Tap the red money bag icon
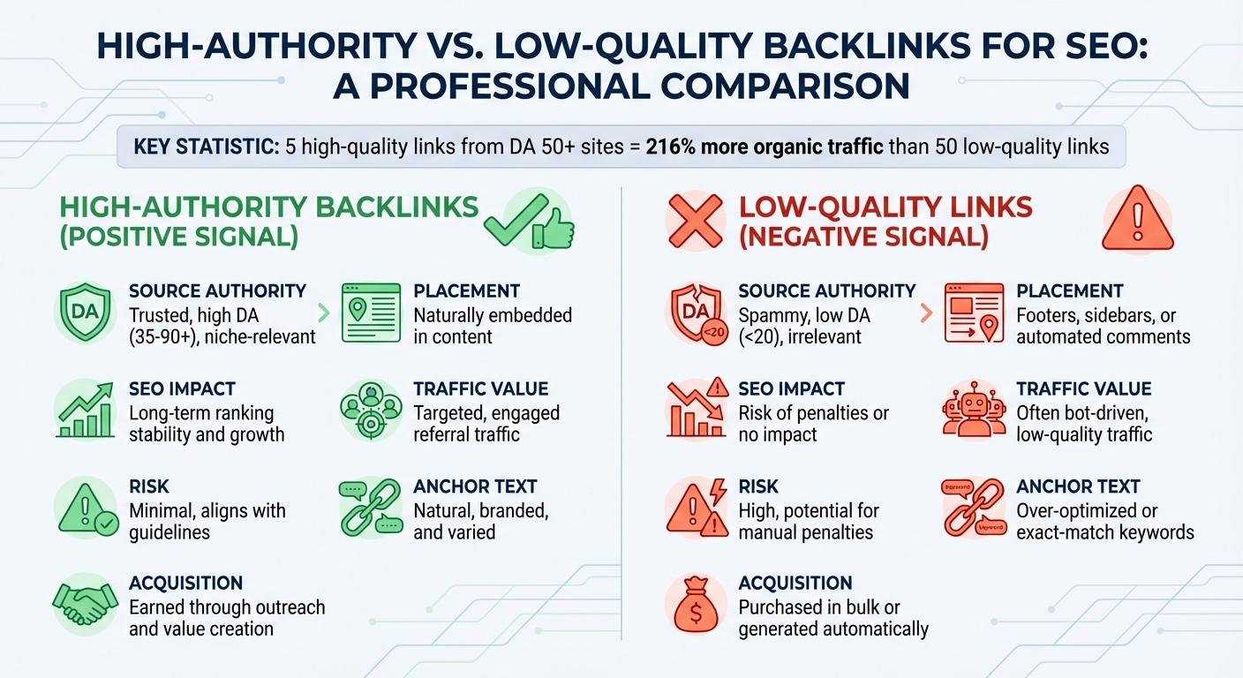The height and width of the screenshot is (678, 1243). pyautogui.click(x=696, y=606)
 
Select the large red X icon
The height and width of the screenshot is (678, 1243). pyautogui.click(x=695, y=219)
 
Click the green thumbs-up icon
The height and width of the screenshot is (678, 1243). pyautogui.click(x=554, y=226)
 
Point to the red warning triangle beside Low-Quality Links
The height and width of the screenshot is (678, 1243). pyautogui.click(x=1137, y=220)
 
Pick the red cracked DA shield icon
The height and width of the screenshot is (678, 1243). pyautogui.click(x=695, y=313)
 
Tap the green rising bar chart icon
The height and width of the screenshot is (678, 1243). pyautogui.click(x=86, y=411)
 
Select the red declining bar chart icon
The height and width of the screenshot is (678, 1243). pyautogui.click(x=695, y=411)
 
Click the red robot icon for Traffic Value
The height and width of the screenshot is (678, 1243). pyautogui.click(x=974, y=411)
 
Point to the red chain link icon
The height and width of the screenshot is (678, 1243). pyautogui.click(x=974, y=508)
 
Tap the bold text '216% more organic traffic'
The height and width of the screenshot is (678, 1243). pyautogui.click(x=765, y=146)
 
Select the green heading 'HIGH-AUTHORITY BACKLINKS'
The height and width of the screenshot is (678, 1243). pyautogui.click(x=268, y=207)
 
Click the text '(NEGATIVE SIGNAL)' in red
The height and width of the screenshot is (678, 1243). pyautogui.click(x=863, y=237)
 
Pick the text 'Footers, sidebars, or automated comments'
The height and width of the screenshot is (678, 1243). pyautogui.click(x=1103, y=326)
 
